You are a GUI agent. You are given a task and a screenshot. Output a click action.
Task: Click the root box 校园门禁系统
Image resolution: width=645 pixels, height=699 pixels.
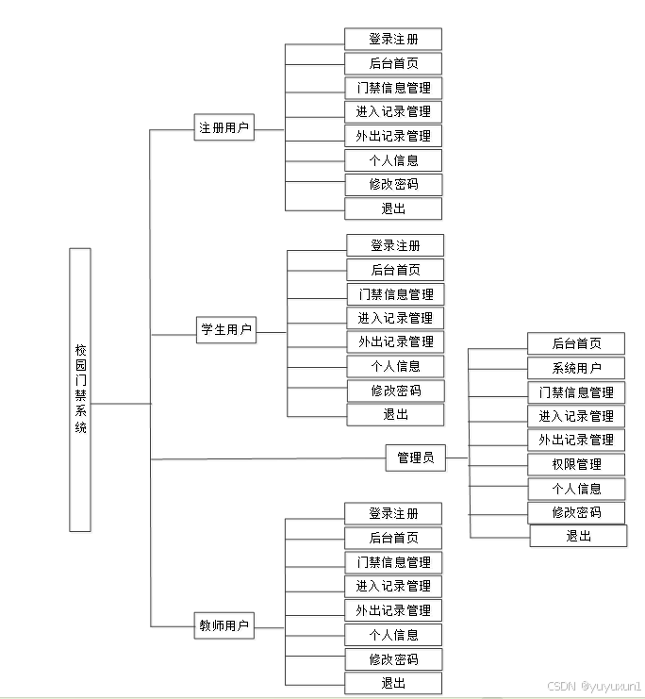[x=80, y=389]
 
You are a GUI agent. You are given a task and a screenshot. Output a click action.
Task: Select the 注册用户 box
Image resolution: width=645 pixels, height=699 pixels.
[x=224, y=128]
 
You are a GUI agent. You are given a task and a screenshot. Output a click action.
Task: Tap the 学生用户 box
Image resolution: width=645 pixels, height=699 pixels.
[x=226, y=330]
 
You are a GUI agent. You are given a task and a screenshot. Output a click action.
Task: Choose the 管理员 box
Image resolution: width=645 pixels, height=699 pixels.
[x=416, y=458]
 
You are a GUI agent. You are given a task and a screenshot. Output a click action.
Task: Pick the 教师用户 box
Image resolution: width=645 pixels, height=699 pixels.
[x=224, y=624]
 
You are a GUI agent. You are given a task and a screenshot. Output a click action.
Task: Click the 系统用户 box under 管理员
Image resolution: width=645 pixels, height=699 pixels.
[x=576, y=368]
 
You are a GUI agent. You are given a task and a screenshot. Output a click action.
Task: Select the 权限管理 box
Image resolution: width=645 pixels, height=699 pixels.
[x=576, y=464]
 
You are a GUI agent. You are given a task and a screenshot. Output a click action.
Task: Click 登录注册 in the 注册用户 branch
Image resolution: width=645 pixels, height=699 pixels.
[x=393, y=40]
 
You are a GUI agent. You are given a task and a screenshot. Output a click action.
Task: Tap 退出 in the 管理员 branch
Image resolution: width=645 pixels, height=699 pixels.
[x=578, y=536]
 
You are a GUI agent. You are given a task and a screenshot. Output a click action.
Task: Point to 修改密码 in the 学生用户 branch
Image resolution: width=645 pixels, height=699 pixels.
[x=395, y=391]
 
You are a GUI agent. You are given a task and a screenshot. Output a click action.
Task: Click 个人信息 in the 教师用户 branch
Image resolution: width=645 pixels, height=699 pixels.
[x=393, y=635]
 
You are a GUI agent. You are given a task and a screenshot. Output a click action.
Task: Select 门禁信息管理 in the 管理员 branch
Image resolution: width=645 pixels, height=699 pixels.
[x=576, y=392]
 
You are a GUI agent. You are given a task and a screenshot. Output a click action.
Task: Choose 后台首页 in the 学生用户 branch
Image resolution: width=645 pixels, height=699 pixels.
[x=395, y=270]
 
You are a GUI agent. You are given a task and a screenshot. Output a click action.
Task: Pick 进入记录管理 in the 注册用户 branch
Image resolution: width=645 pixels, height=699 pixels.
[x=393, y=111]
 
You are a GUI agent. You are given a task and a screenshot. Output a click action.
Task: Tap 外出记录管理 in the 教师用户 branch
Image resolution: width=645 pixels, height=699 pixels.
[x=393, y=610]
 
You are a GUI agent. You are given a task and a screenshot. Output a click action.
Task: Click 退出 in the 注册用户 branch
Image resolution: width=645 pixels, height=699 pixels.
[x=393, y=208]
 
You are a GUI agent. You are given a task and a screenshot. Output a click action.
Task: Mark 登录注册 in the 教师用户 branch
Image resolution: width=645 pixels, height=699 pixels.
[x=393, y=514]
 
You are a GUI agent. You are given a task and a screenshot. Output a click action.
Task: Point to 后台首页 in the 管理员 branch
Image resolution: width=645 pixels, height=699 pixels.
[x=576, y=343]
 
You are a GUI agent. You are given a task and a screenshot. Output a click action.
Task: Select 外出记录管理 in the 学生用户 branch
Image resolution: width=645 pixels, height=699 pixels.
[x=395, y=341]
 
